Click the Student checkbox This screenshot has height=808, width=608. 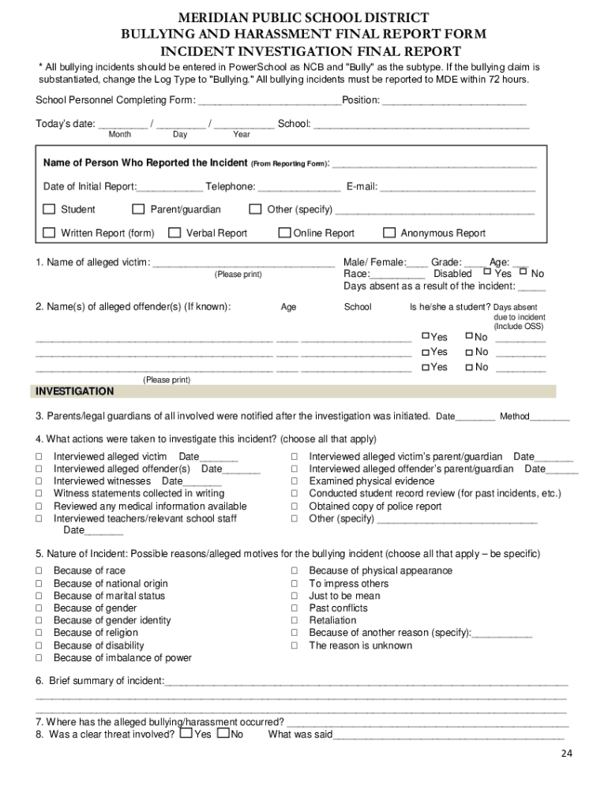coord(49,209)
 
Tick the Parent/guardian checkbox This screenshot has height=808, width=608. coord(138,209)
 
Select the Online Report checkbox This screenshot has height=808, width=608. coord(284,233)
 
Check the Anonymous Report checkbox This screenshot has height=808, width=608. coord(389,233)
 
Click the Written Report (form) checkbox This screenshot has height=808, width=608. coord(49,233)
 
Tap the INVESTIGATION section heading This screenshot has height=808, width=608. coord(74,391)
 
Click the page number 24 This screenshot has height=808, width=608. coord(566,754)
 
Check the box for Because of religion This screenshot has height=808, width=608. coord(39,633)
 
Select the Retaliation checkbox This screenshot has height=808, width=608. coord(295,620)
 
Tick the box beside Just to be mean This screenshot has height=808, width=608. coord(295,596)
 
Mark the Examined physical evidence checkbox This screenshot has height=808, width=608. coord(295,481)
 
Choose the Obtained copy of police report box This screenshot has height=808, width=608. coord(295,507)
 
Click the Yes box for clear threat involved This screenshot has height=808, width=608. coord(186,733)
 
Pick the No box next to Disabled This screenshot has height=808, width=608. coord(524,271)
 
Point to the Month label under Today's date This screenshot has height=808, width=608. coord(119,135)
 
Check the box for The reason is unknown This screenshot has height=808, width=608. coord(295,645)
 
